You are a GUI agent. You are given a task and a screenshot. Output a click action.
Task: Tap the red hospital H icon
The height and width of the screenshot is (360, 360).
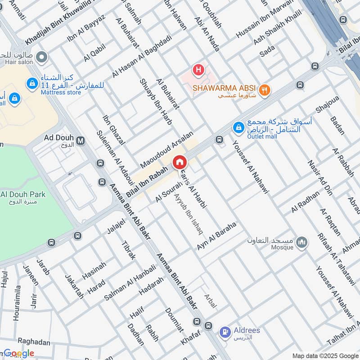(x=198, y=70)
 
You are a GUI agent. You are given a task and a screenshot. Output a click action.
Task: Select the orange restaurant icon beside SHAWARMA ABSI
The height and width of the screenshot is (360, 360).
(x=265, y=89)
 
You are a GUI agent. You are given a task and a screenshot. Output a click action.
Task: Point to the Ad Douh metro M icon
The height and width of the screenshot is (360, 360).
(x=81, y=140)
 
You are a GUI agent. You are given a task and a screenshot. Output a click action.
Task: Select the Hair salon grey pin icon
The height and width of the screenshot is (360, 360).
(x=42, y=57)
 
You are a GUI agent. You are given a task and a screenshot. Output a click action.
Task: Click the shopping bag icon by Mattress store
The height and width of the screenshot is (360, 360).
(x=32, y=83)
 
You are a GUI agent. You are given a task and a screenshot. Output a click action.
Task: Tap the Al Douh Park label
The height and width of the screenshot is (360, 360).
(x=23, y=195)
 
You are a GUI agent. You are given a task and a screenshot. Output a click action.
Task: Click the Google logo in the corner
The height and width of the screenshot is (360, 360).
(x=18, y=353)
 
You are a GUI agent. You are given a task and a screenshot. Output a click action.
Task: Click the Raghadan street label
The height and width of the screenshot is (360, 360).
(x=34, y=342)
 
